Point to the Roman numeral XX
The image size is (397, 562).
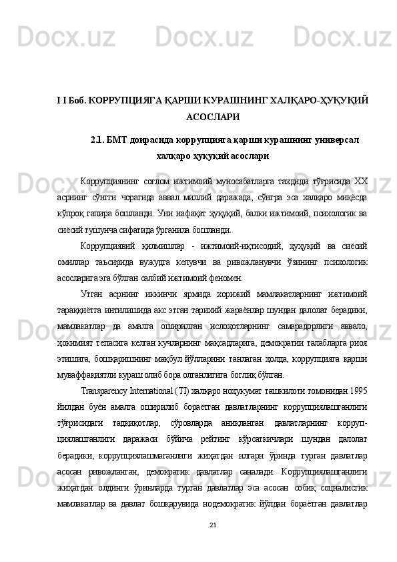[x=360, y=182]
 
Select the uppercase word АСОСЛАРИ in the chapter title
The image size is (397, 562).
[x=213, y=115]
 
